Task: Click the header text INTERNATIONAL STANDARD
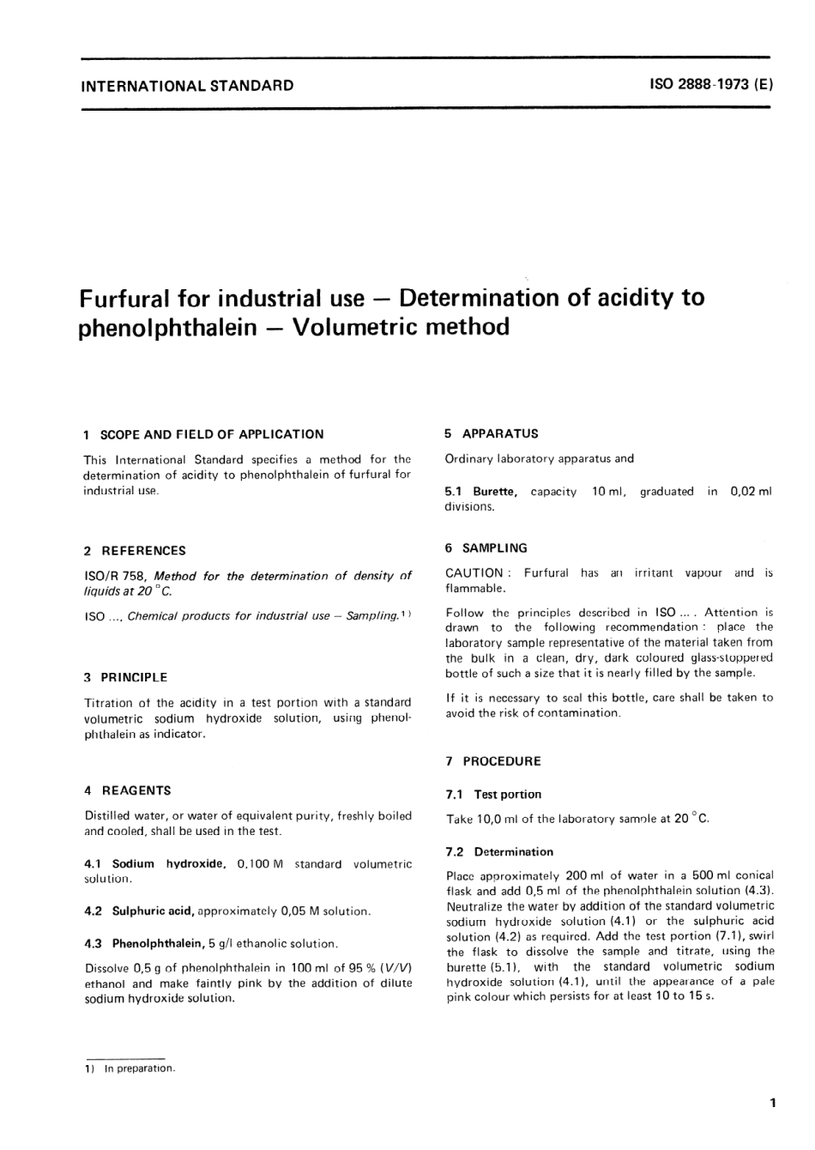[x=186, y=86]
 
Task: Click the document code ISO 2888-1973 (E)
[x=711, y=85]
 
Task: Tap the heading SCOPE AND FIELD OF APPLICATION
[x=212, y=434]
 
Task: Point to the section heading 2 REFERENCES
[x=135, y=551]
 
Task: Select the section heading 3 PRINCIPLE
[x=126, y=677]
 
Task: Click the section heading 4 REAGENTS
[x=128, y=790]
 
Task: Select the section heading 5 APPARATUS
[x=492, y=433]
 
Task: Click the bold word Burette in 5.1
[x=495, y=492]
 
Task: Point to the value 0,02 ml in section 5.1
[x=751, y=492]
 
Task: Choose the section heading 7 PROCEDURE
[x=493, y=761]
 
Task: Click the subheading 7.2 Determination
[x=500, y=851]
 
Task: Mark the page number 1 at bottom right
[x=773, y=1103]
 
